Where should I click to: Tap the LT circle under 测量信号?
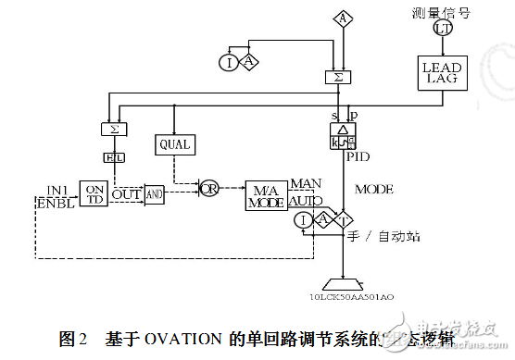coord(440,30)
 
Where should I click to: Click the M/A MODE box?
coord(267,194)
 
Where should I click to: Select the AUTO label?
coord(307,200)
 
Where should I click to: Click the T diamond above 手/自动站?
coord(344,220)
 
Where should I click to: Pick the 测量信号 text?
coord(439,12)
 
